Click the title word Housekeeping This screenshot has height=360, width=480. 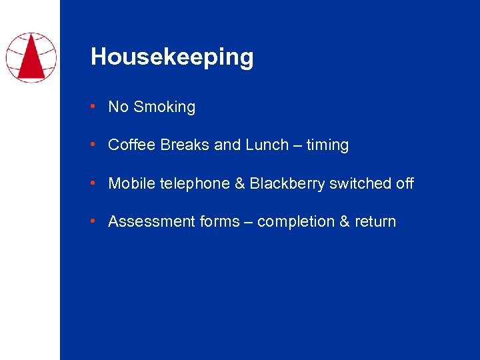(x=172, y=57)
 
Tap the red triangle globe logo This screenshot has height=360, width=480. (x=31, y=57)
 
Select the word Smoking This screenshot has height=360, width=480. (x=165, y=107)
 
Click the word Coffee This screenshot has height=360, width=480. (x=131, y=145)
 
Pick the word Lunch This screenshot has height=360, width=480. (x=266, y=145)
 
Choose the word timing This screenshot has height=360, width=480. (x=327, y=145)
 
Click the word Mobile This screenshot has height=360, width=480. (x=129, y=183)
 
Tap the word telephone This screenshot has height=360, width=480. (x=193, y=183)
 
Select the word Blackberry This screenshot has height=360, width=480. (x=287, y=183)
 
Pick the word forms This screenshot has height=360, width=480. (x=219, y=221)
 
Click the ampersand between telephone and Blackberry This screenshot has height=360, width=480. (x=239, y=183)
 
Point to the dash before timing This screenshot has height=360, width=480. (x=297, y=145)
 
